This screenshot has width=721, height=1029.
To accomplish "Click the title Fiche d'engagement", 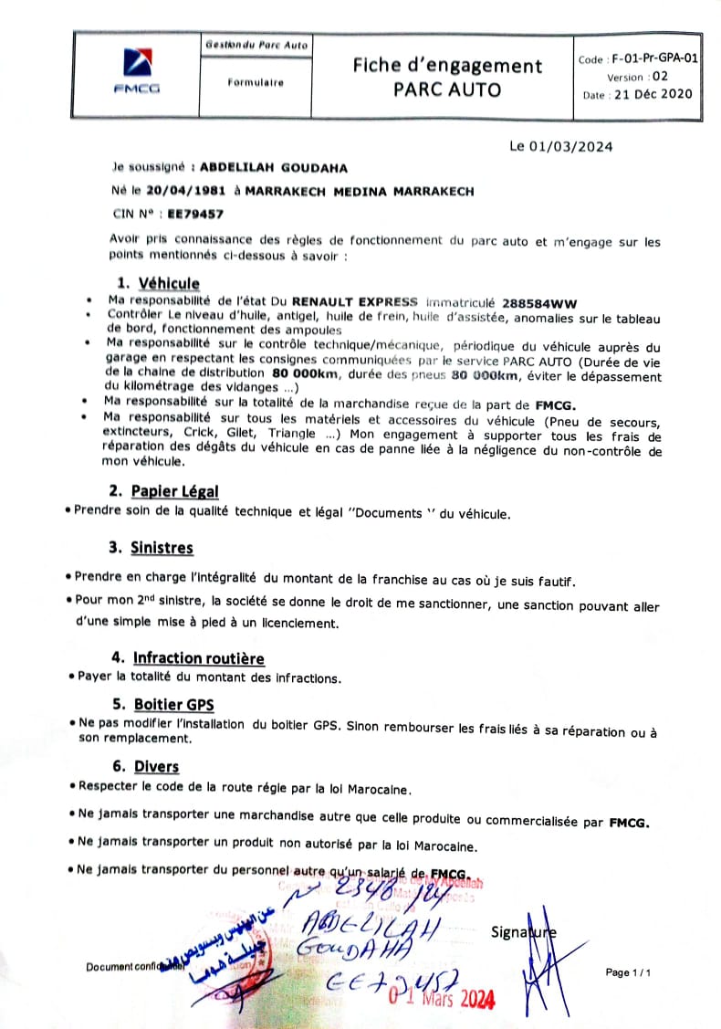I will click(x=447, y=66).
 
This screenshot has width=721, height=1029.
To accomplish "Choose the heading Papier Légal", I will click(x=174, y=491).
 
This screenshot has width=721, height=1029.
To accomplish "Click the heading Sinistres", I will click(x=162, y=548).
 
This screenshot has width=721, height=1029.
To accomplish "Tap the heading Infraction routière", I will click(x=199, y=657).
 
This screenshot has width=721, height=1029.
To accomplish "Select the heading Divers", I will click(x=156, y=767).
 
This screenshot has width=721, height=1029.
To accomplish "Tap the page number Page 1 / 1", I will click(x=629, y=973).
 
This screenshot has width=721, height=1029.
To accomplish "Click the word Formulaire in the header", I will click(x=256, y=82).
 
